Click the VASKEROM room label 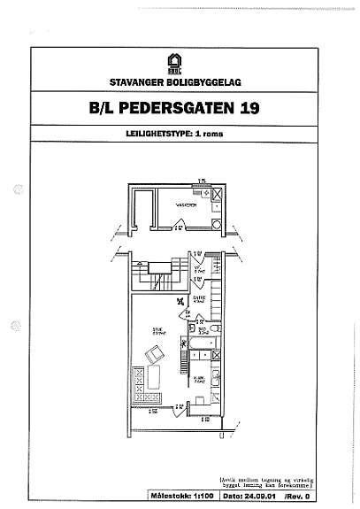185,204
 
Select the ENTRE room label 199,300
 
